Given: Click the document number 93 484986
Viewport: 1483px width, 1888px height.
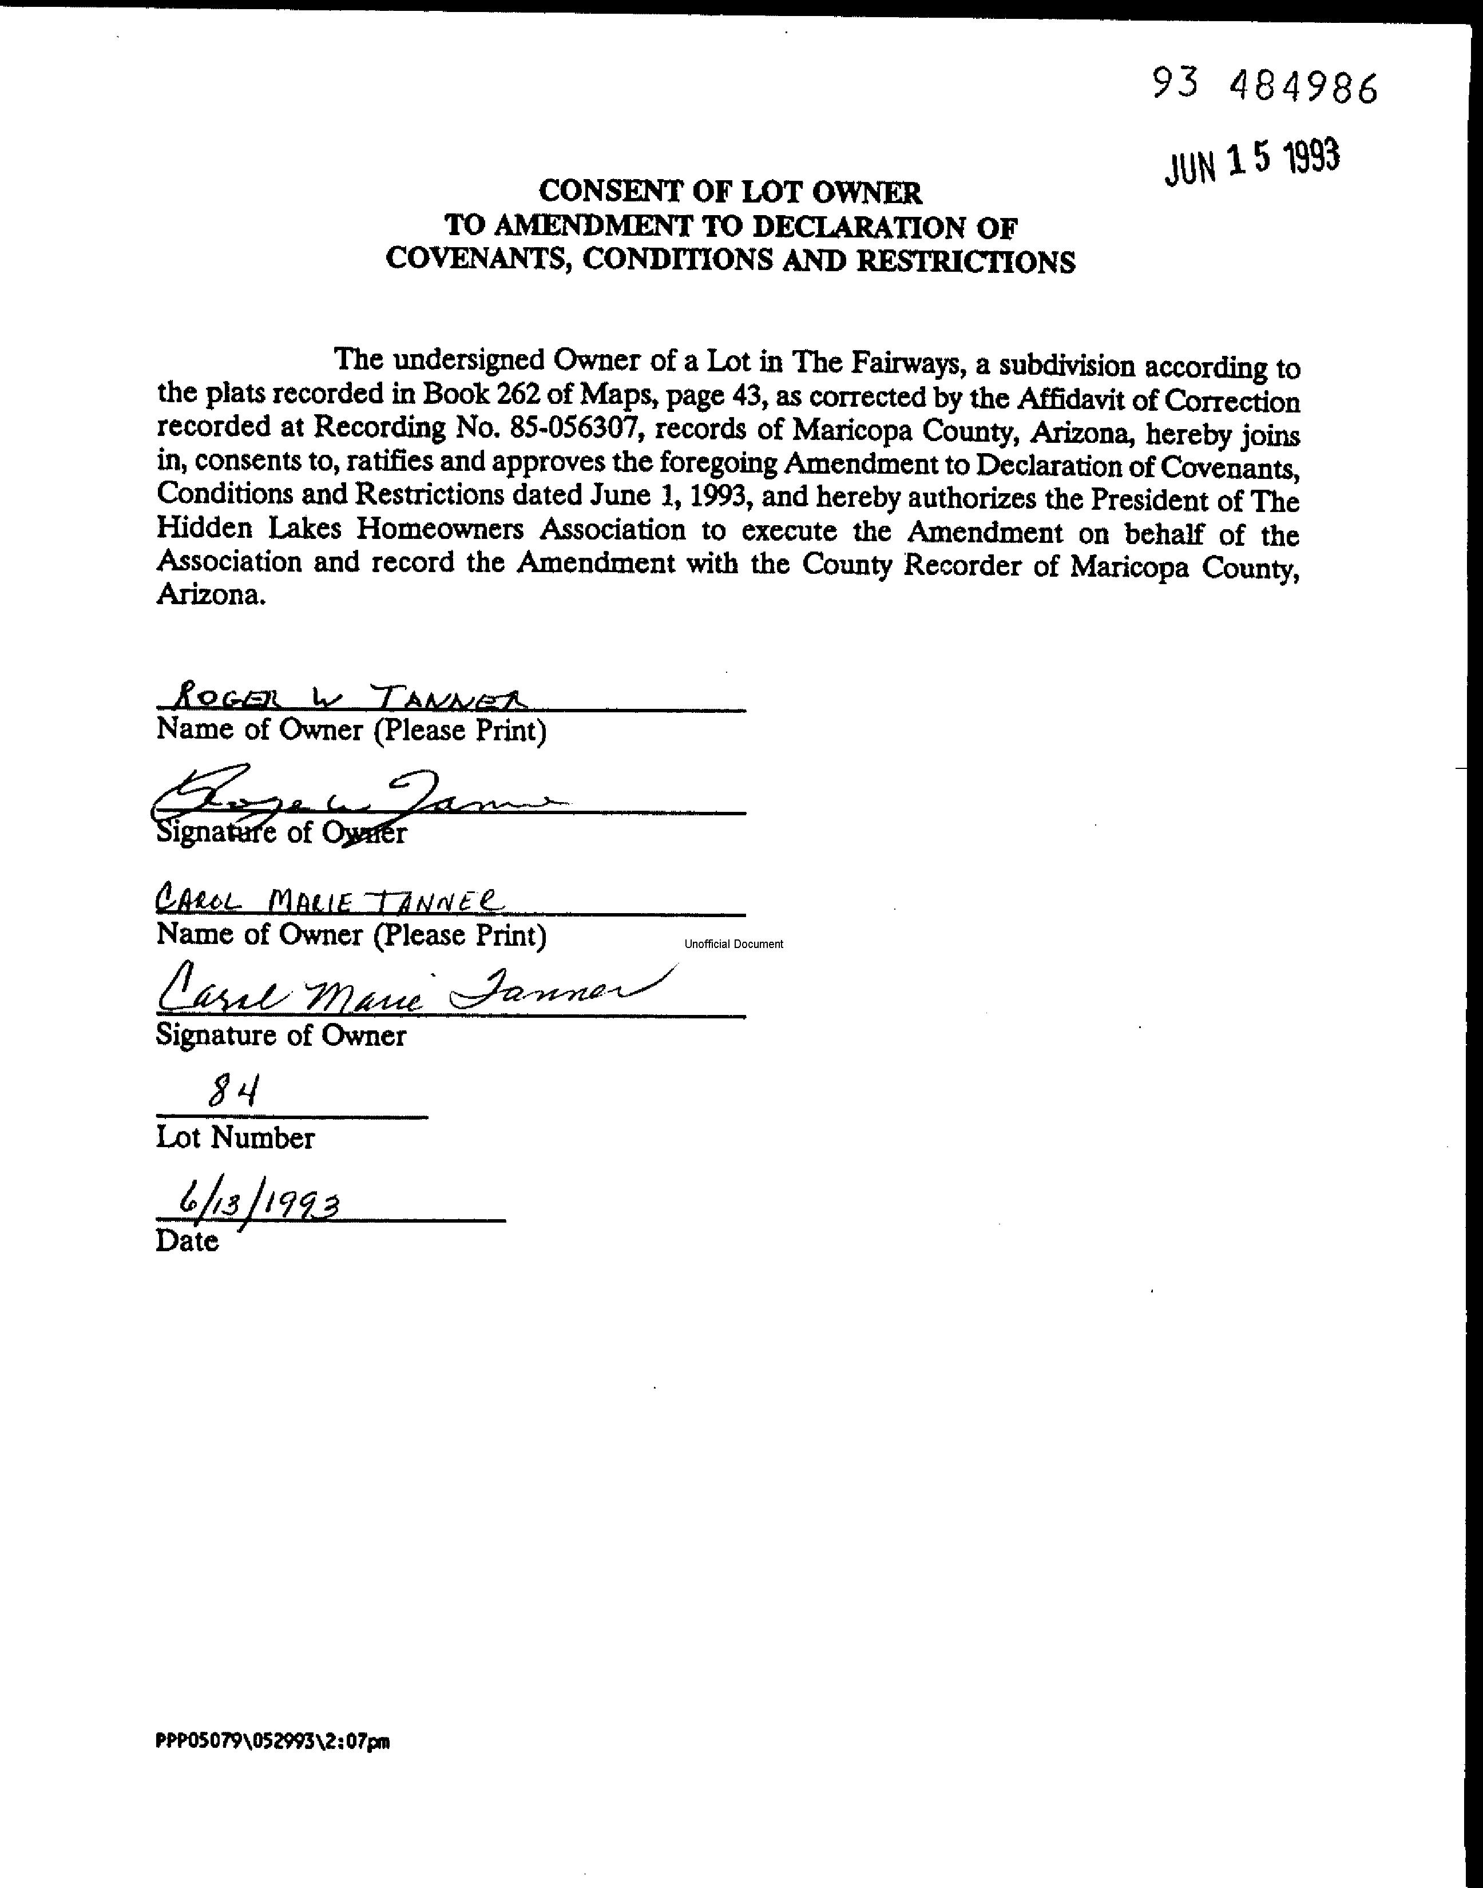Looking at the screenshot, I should [x=1264, y=86].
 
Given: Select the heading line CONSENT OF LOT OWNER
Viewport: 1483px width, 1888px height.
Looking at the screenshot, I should [x=729, y=192].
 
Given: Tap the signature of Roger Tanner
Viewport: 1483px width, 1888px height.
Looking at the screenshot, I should [x=356, y=799].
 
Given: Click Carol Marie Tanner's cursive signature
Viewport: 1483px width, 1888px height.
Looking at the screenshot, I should [x=408, y=992].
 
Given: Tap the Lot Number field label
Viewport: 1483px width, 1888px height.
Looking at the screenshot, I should [x=235, y=1138].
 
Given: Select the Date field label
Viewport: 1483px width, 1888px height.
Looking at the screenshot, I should [x=187, y=1240].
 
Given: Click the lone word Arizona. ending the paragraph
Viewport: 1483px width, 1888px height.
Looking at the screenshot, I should [x=210, y=596].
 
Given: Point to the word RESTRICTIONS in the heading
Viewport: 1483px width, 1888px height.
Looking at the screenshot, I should [x=966, y=261].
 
